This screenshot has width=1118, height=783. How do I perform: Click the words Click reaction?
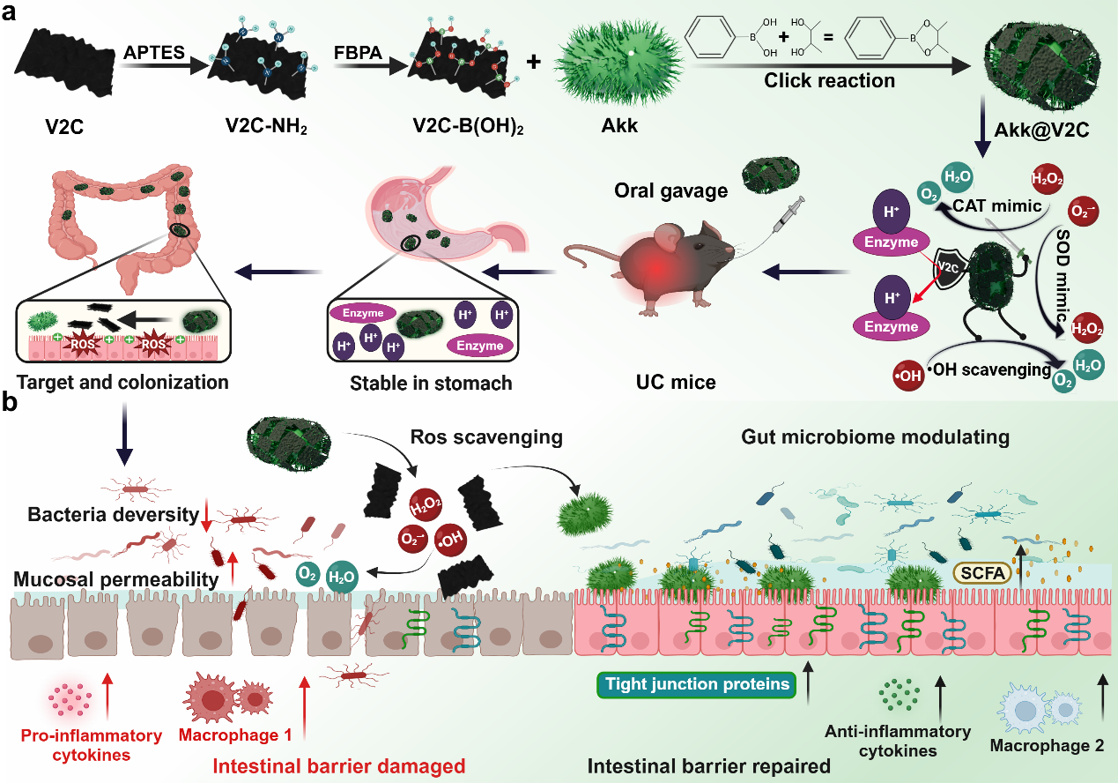(x=829, y=80)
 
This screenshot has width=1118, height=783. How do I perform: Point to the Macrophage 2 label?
(x=1047, y=745)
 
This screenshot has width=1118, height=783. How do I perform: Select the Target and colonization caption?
(x=122, y=383)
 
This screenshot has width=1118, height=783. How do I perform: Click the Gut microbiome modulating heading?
(x=875, y=436)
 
